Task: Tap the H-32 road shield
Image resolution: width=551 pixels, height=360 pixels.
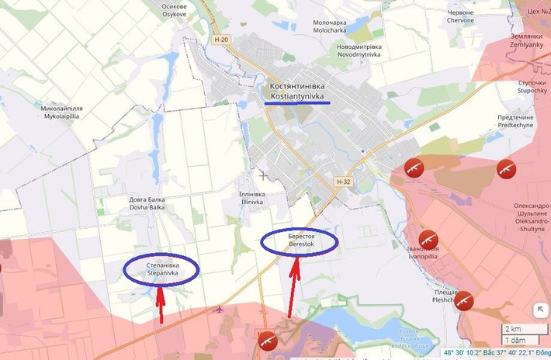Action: [345, 182]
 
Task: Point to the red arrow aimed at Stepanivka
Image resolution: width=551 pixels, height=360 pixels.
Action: [160, 304]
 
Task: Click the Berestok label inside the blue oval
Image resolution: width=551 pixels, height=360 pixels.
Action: [300, 240]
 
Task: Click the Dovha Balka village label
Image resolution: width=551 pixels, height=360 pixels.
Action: [147, 203]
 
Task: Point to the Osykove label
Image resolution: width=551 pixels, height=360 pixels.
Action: [174, 9]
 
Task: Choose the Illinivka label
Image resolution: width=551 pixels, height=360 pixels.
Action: [253, 198]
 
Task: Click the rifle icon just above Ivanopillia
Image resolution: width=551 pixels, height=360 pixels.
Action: [428, 238]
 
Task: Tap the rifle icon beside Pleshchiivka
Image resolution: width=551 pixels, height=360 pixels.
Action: [464, 300]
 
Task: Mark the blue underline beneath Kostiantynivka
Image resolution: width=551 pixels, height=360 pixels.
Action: [296, 102]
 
